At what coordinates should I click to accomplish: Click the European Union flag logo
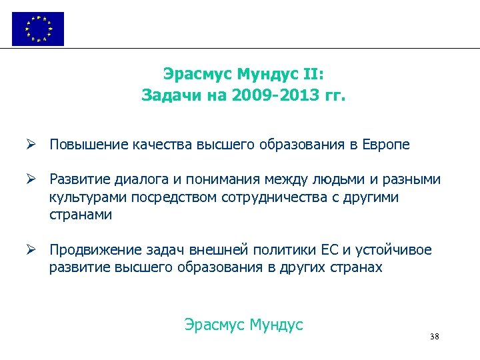point(38,29)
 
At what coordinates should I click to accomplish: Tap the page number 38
point(435,337)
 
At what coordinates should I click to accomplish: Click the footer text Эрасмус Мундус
point(243,325)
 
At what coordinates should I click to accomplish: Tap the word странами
point(80,215)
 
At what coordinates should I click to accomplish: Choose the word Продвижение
point(92,250)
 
